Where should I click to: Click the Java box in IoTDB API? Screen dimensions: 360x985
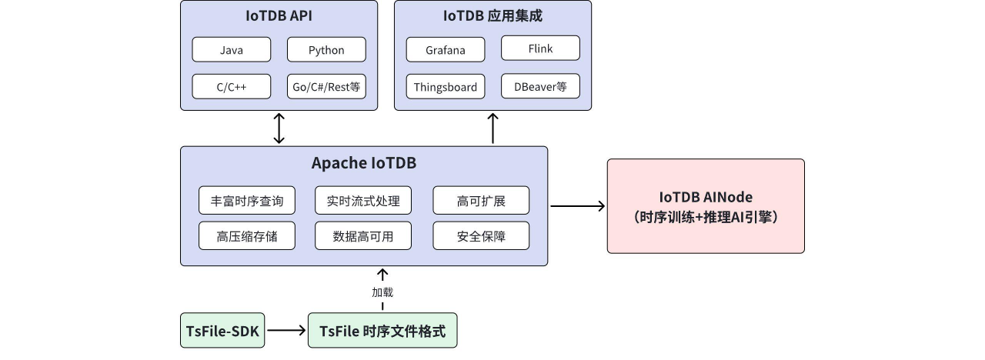click(x=231, y=50)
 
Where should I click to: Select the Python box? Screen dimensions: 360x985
click(x=326, y=50)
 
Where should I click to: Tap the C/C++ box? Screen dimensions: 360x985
click(x=231, y=87)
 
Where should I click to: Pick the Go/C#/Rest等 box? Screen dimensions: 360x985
click(x=326, y=87)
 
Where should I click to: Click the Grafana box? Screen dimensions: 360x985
click(x=446, y=50)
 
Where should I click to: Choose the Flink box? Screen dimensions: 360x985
click(x=540, y=48)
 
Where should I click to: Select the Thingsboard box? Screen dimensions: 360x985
click(x=446, y=87)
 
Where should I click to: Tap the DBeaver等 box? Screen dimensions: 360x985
click(x=540, y=87)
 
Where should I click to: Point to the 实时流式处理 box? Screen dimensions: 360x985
click(x=363, y=201)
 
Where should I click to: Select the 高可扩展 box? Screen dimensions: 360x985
click(x=481, y=201)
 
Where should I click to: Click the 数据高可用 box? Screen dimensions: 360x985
click(x=363, y=236)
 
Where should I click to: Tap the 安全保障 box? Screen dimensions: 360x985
click(x=481, y=236)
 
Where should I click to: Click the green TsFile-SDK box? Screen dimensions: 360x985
click(x=223, y=332)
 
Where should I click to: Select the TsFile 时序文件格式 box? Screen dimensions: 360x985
click(x=382, y=332)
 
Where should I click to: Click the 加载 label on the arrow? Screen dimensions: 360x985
click(x=382, y=292)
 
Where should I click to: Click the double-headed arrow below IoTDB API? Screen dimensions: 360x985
click(x=279, y=128)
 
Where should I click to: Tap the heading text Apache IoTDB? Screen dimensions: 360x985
click(x=363, y=163)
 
